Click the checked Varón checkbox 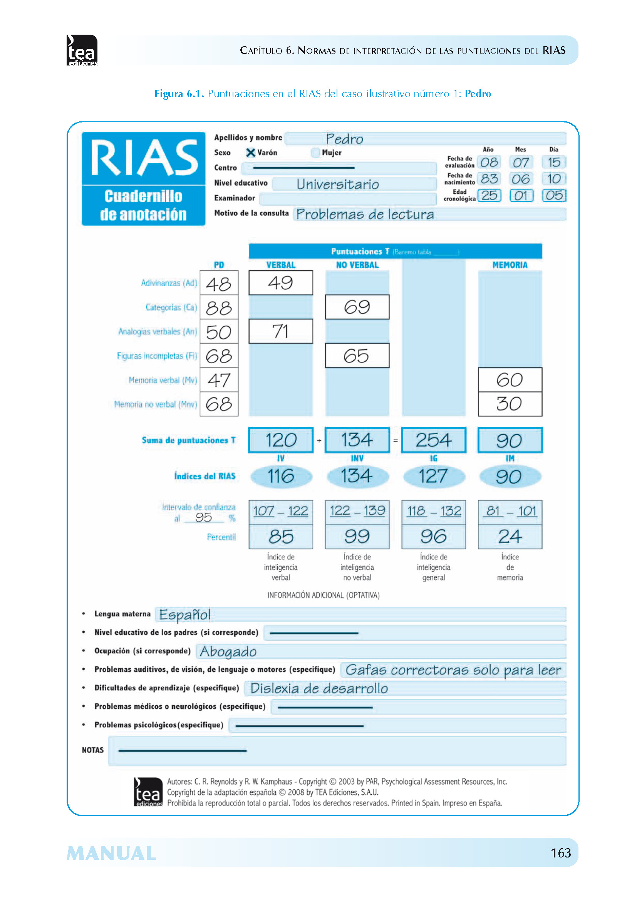pyautogui.click(x=250, y=153)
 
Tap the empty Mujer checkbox pyautogui.click(x=315, y=153)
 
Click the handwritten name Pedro pyautogui.click(x=344, y=139)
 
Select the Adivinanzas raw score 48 pyautogui.click(x=219, y=284)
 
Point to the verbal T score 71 pyautogui.click(x=280, y=331)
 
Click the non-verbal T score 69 pyautogui.click(x=357, y=307)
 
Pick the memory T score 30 pyautogui.click(x=510, y=404)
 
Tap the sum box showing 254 pyautogui.click(x=433, y=440)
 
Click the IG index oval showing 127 pyautogui.click(x=433, y=477)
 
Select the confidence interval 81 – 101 pyautogui.click(x=510, y=511)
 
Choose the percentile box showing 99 pyautogui.click(x=357, y=537)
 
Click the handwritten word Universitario pyautogui.click(x=338, y=184)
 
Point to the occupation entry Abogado pyautogui.click(x=228, y=651)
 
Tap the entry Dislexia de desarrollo pyautogui.click(x=319, y=688)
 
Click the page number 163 pyautogui.click(x=560, y=853)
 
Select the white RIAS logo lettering pyautogui.click(x=144, y=158)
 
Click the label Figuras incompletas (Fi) pyautogui.click(x=157, y=356)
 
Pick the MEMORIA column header pyautogui.click(x=510, y=265)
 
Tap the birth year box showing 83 pyautogui.click(x=489, y=179)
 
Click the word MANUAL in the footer pyautogui.click(x=111, y=854)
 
